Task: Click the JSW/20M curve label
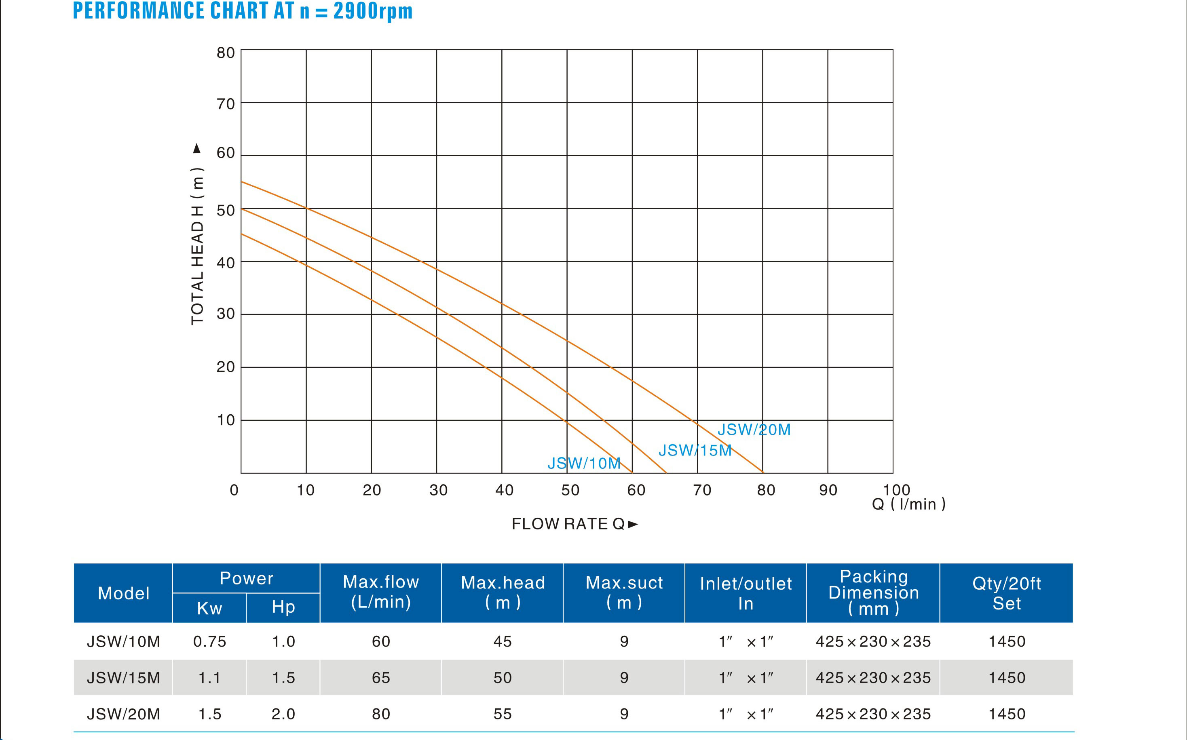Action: [x=754, y=430]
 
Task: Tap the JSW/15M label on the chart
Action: [x=695, y=450]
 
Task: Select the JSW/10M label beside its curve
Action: [x=584, y=463]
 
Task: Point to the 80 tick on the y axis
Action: [x=226, y=53]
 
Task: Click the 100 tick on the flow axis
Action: [x=896, y=489]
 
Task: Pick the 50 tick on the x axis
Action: [x=570, y=490]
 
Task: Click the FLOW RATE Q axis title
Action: [x=574, y=524]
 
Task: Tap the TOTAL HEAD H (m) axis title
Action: [x=197, y=246]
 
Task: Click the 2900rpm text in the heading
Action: [x=373, y=11]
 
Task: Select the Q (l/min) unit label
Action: [x=909, y=504]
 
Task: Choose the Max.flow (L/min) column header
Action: [x=381, y=592]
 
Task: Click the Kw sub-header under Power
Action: [x=209, y=608]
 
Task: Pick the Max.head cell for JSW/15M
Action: [x=503, y=678]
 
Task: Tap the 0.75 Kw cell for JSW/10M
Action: [x=210, y=642]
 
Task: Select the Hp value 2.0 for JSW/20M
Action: [x=283, y=714]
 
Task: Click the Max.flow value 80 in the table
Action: [x=381, y=714]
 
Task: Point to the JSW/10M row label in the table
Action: [x=123, y=642]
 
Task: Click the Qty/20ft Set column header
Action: [x=1006, y=593]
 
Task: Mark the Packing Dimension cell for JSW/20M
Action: [x=873, y=714]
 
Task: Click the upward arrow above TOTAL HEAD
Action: [x=197, y=148]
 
